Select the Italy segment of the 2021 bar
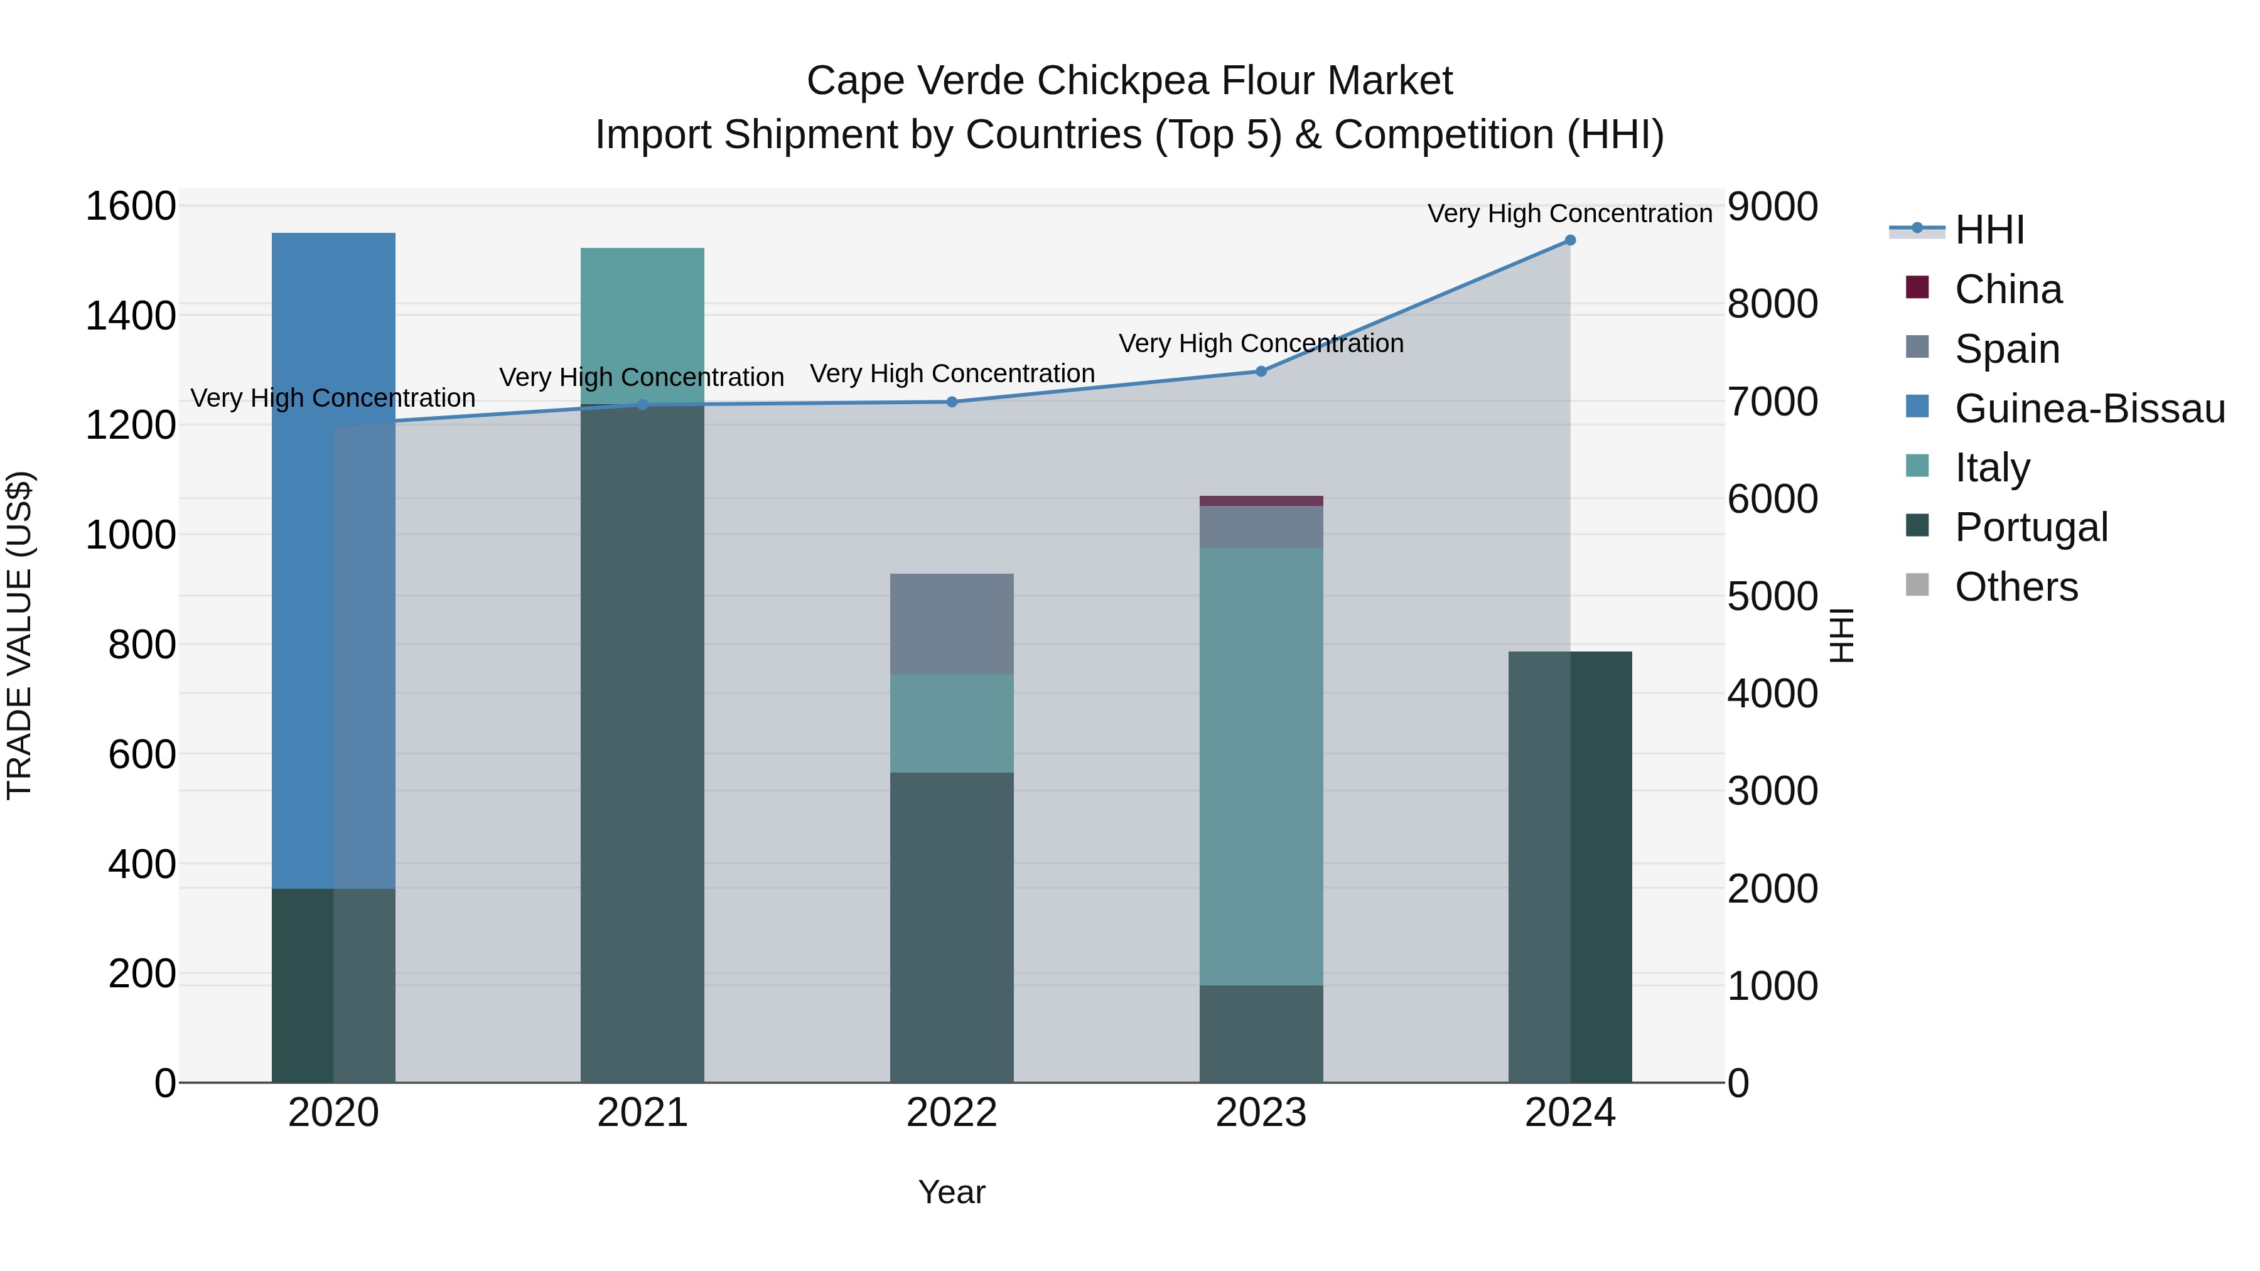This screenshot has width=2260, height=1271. [642, 324]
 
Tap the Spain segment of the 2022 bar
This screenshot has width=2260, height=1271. [952, 624]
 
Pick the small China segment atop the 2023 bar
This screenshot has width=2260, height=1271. [1261, 501]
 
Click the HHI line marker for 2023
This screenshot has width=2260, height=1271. [1261, 371]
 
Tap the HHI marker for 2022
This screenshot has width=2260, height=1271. [952, 402]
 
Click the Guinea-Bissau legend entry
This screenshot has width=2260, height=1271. [2088, 409]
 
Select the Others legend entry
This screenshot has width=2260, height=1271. [2015, 587]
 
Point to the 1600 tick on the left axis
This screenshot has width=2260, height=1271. [131, 207]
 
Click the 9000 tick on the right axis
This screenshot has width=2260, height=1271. [1772, 207]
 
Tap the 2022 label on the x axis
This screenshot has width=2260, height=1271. [952, 1113]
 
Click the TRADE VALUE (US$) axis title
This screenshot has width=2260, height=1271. [19, 635]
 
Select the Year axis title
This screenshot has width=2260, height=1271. [952, 1192]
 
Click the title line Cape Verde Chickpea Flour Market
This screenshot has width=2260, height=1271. [1129, 81]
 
